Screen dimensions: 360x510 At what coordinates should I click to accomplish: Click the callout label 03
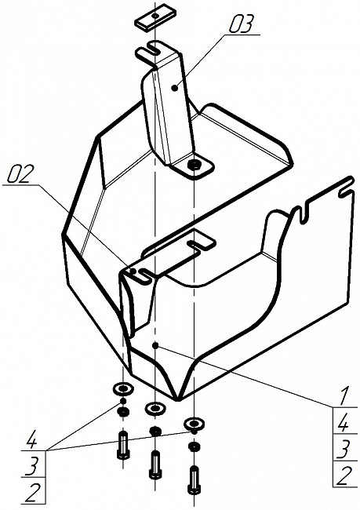(x=241, y=24)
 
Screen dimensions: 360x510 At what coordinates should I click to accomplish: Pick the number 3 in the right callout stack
(x=342, y=450)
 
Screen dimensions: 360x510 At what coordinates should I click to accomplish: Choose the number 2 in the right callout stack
(x=342, y=475)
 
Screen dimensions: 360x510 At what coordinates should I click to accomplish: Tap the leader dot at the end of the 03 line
(x=175, y=88)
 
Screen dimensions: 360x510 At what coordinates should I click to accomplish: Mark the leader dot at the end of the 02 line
(x=133, y=271)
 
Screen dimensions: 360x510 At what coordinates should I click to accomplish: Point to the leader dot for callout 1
(x=155, y=345)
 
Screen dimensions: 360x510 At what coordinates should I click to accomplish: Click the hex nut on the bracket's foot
(x=195, y=164)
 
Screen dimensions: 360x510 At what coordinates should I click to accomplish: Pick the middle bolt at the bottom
(x=155, y=464)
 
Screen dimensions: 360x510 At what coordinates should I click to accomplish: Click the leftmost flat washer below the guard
(x=123, y=388)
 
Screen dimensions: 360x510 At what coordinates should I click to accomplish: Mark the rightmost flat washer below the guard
(x=194, y=424)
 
